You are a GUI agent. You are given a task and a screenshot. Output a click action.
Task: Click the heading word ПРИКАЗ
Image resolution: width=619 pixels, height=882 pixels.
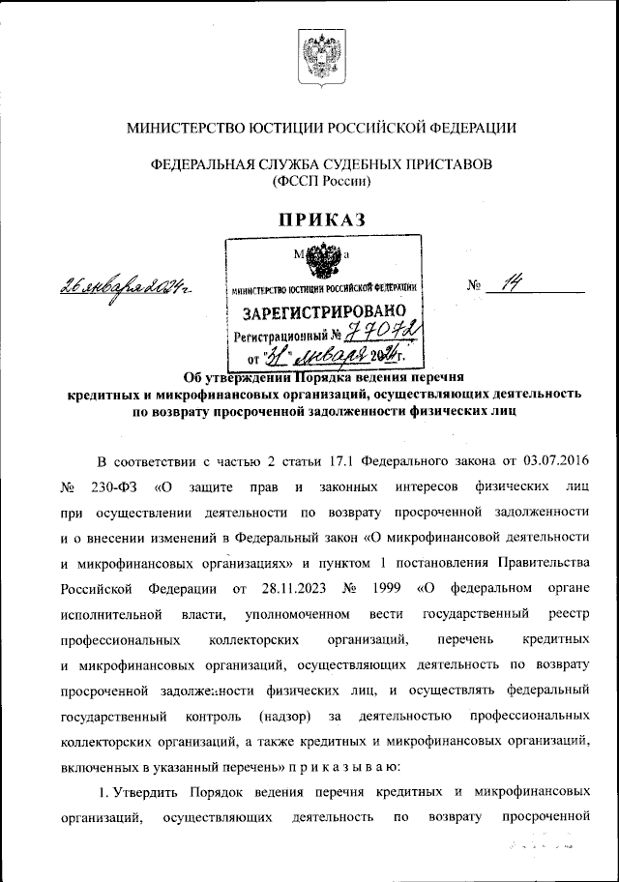point(322,220)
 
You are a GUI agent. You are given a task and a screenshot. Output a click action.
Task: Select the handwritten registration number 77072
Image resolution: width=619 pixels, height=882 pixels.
point(385,336)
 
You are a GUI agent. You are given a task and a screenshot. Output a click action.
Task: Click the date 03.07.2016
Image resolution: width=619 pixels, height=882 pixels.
point(553,460)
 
